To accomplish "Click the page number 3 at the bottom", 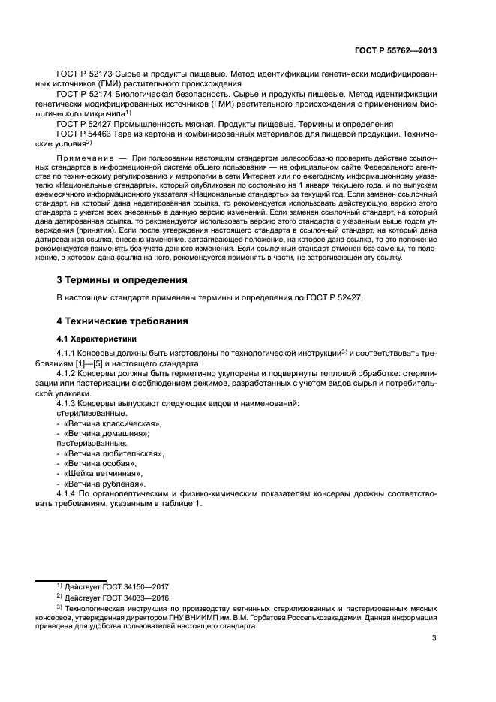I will pyautogui.click(x=434, y=638).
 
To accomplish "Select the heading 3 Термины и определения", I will pyautogui.click(x=122, y=280).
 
